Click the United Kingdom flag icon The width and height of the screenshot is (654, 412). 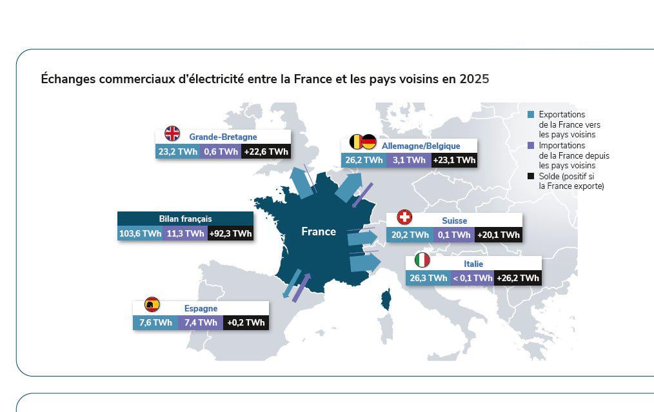pos(172,133)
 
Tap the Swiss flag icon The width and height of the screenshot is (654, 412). pos(404,217)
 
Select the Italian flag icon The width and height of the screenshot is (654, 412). pos(422,260)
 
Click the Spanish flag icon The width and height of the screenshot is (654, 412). pos(152,304)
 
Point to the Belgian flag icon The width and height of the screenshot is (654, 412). pos(355,142)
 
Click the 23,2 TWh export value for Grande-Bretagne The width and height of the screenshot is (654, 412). pos(177,152)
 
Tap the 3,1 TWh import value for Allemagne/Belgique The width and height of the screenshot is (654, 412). pos(409,160)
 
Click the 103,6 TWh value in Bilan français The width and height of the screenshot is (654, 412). pos(140,233)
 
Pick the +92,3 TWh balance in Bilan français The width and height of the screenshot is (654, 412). pos(230,233)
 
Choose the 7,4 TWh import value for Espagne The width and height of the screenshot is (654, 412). pos(200,322)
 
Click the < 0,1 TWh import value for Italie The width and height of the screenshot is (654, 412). pos(472,278)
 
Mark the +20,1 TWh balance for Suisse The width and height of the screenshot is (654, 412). pos(498,235)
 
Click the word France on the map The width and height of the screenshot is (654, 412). pos(319,231)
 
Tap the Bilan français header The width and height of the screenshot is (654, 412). pos(185,219)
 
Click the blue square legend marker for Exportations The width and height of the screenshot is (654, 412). pos(530,115)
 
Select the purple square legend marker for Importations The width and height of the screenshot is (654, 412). pos(530,146)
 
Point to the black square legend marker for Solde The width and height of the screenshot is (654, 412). pos(530,176)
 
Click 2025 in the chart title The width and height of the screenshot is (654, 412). pos(474,79)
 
